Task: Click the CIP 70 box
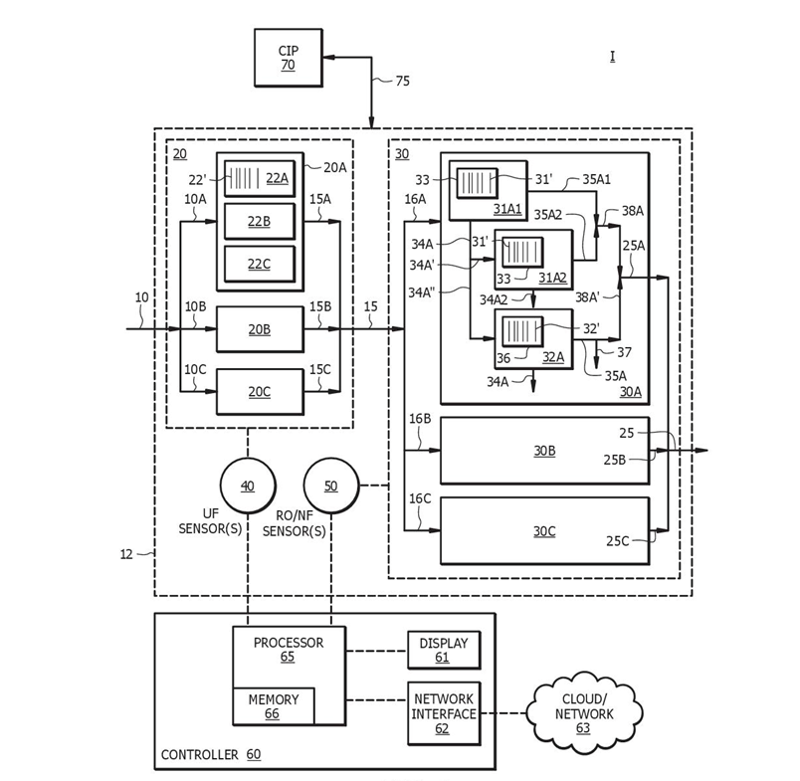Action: pos(288,58)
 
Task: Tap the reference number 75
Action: pos(402,82)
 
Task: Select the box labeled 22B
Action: pos(259,221)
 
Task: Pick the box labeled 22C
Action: pos(259,264)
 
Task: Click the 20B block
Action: pos(260,329)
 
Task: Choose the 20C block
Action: pos(260,391)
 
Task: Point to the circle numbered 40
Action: pos(247,486)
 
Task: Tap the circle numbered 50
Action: pos(330,486)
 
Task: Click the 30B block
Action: pos(544,451)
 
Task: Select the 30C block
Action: pos(544,531)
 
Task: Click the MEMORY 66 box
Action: pos(273,706)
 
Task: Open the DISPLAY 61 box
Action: pos(443,650)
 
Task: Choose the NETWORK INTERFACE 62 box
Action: pos(443,713)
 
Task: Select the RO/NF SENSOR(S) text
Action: pos(294,524)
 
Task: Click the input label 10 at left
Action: pos(141,298)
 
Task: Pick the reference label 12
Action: pos(126,554)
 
